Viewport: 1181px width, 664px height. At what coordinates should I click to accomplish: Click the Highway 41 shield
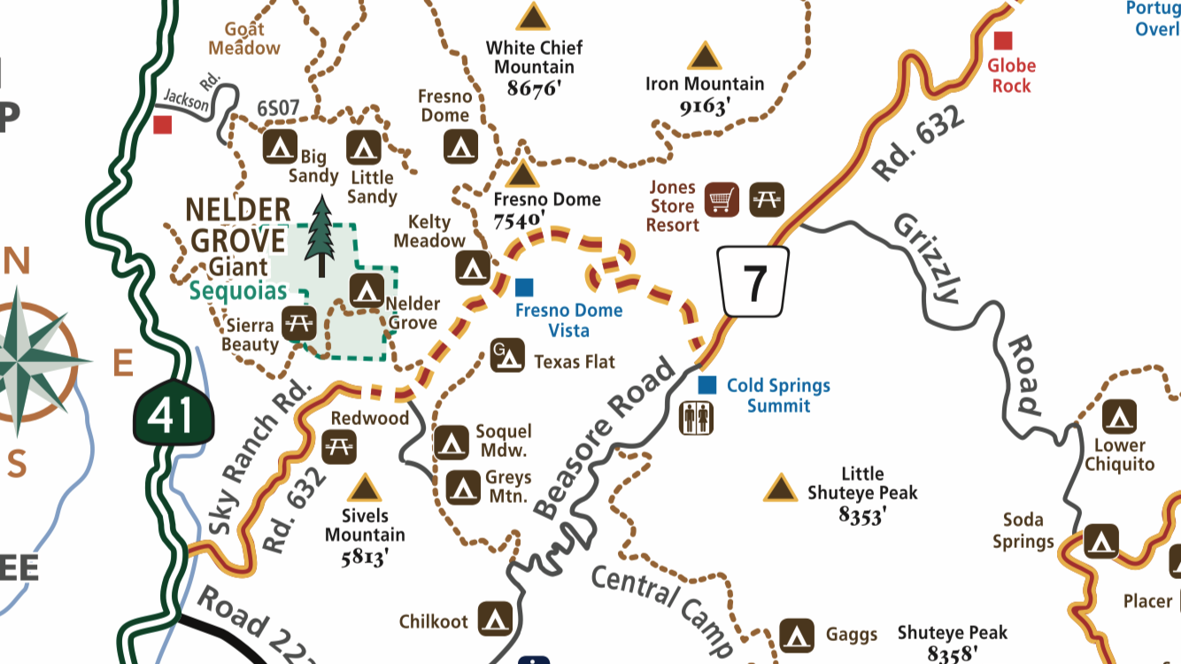click(x=173, y=413)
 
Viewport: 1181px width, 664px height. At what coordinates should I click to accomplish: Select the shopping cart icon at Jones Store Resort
click(x=722, y=199)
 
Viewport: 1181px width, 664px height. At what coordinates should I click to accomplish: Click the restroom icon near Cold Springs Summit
click(x=697, y=417)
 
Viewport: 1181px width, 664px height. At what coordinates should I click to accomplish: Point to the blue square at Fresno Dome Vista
click(x=524, y=287)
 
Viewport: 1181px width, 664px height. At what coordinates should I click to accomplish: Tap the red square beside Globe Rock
click(x=1003, y=41)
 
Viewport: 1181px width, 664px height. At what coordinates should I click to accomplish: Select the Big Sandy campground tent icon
click(x=281, y=146)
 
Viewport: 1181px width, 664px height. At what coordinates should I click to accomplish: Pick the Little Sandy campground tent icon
click(x=363, y=146)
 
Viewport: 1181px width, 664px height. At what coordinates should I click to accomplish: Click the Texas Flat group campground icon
click(x=505, y=355)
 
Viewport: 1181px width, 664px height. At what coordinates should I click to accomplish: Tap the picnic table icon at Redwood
click(x=338, y=446)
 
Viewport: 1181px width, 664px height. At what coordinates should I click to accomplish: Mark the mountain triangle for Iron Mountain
click(x=705, y=57)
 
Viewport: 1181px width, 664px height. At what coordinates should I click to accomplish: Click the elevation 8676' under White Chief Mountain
click(x=535, y=88)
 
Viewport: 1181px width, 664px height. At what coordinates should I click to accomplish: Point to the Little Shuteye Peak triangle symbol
click(x=780, y=488)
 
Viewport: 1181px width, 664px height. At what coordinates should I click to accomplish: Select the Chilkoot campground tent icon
click(x=496, y=619)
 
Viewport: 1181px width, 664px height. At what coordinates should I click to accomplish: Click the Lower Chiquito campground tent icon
click(x=1119, y=417)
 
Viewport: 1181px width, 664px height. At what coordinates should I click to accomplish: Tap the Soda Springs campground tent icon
click(x=1101, y=540)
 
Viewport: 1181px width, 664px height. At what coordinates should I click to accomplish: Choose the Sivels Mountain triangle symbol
click(x=364, y=488)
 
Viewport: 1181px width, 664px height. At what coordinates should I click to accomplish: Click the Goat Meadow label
click(x=244, y=38)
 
